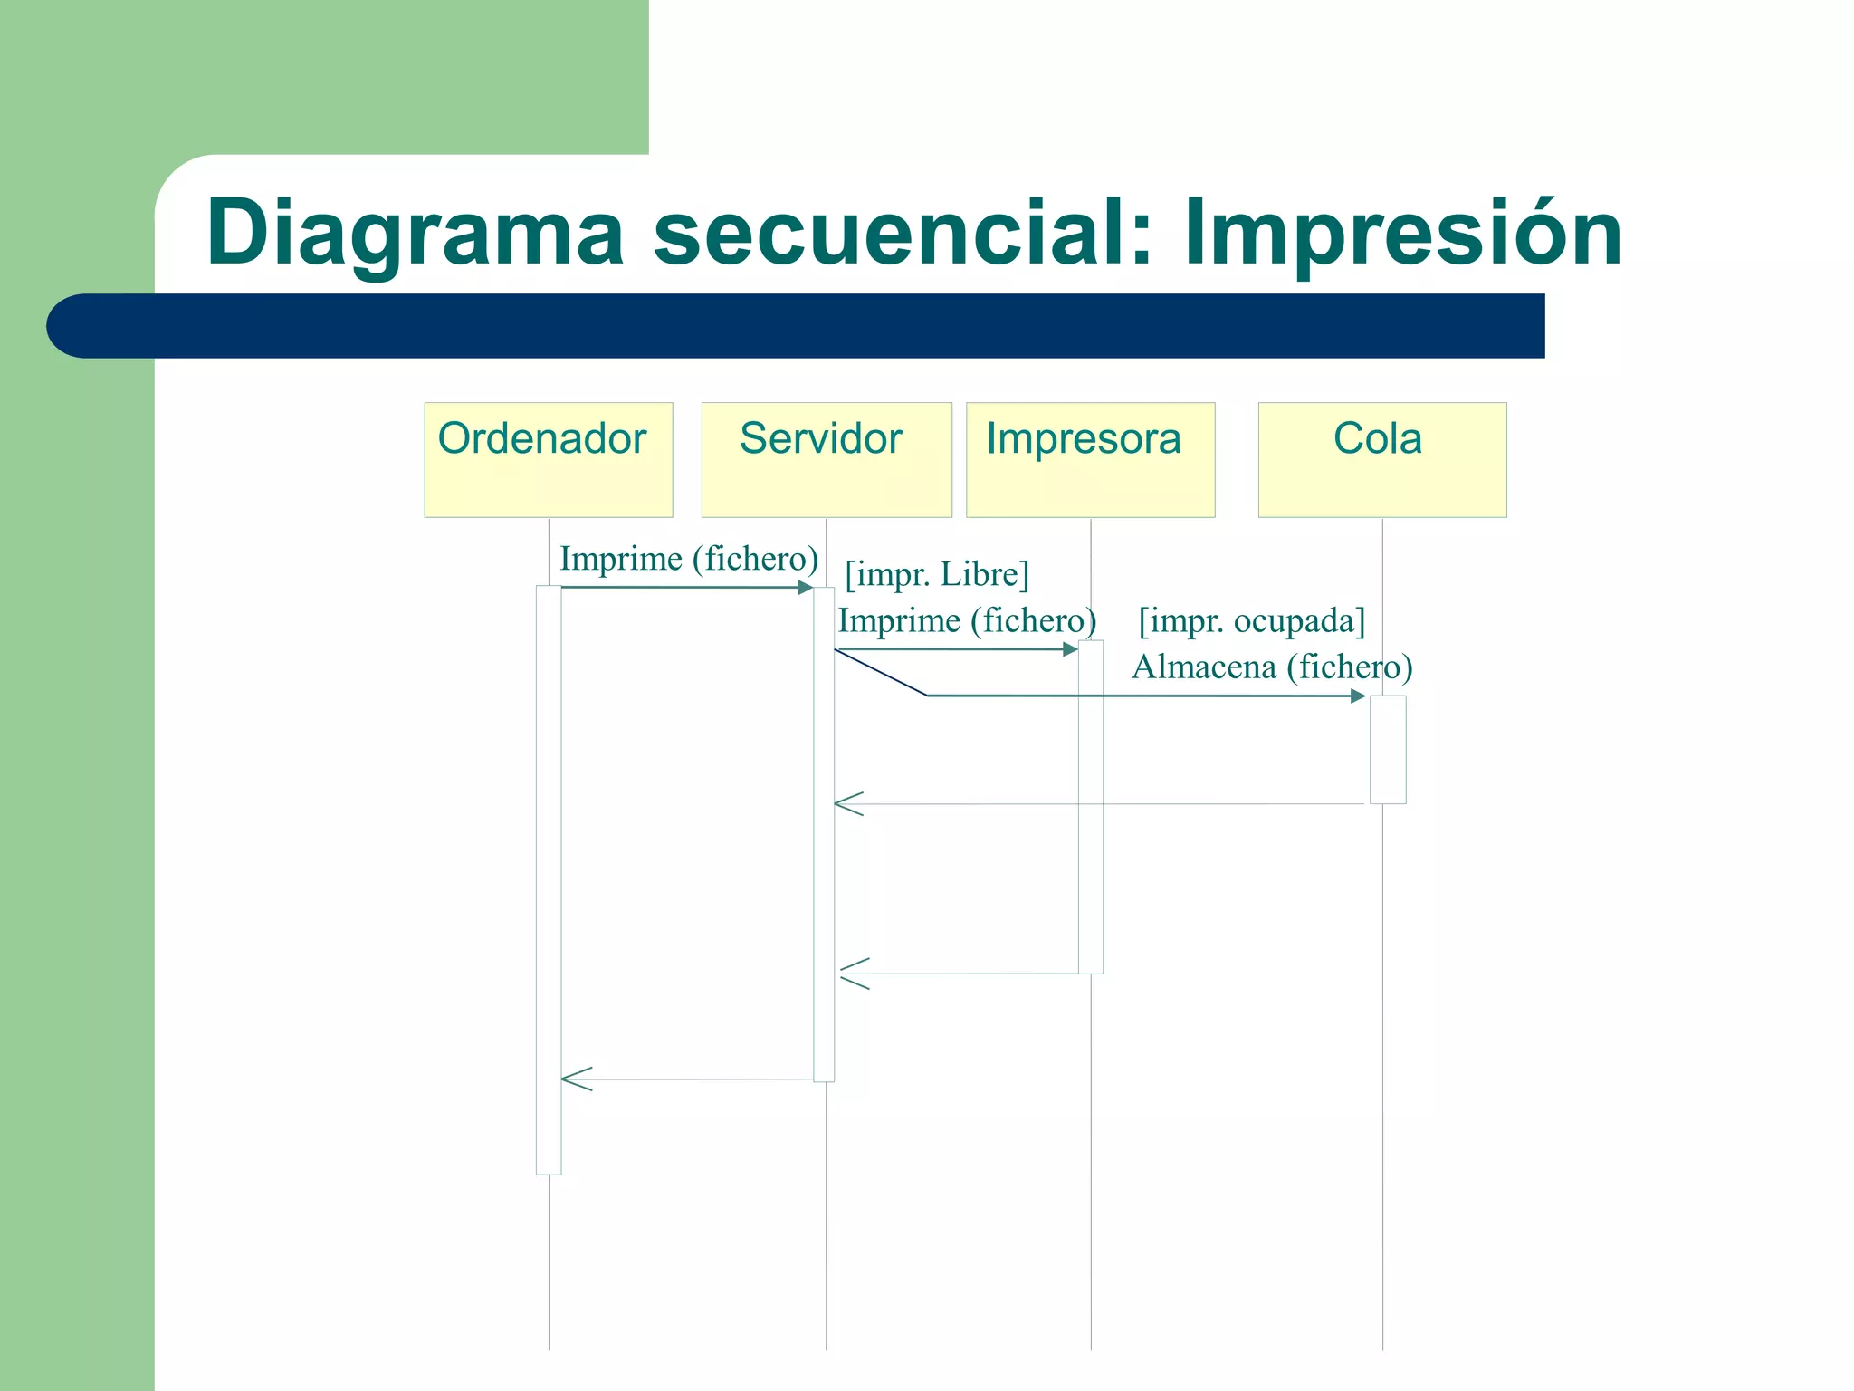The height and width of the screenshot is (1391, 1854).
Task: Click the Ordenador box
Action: click(x=548, y=460)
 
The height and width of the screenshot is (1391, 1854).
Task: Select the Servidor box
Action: click(x=826, y=460)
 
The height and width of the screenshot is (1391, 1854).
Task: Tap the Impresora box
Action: click(x=1090, y=460)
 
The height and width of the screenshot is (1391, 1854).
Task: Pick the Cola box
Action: click(x=1381, y=460)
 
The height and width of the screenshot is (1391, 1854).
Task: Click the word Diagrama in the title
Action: click(x=415, y=234)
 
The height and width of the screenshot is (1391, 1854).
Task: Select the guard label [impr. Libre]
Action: click(x=937, y=574)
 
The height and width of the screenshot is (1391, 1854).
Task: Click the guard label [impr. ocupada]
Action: click(x=1251, y=621)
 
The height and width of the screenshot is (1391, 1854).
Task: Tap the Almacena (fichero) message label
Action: click(x=1272, y=667)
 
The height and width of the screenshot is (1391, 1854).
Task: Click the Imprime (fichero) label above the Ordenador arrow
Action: click(x=689, y=559)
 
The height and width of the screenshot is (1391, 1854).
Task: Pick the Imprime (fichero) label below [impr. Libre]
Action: click(x=967, y=621)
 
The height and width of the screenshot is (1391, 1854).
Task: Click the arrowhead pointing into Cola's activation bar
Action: click(x=1358, y=695)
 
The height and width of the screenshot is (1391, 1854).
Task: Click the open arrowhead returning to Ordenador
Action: click(x=576, y=1079)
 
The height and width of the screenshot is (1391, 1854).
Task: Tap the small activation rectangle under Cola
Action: click(x=1387, y=749)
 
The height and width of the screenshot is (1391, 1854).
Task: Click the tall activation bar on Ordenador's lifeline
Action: click(x=548, y=878)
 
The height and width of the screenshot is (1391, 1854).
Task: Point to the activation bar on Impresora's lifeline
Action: click(x=1090, y=806)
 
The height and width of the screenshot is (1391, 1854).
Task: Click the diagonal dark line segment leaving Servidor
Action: click(x=880, y=673)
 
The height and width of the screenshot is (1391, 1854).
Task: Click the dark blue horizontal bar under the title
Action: click(x=797, y=326)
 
